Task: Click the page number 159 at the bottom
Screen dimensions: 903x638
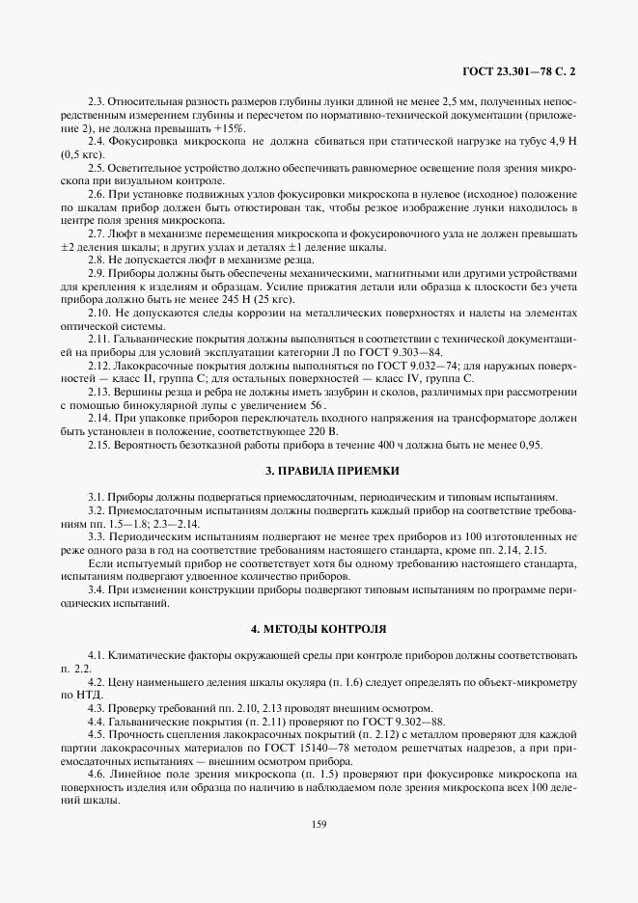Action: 319,824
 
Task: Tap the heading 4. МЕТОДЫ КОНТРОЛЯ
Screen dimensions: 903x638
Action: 319,628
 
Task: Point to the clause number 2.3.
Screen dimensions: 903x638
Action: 97,100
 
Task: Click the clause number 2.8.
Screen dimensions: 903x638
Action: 97,260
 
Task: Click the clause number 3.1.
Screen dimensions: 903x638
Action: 97,495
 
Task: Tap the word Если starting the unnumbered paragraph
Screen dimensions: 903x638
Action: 100,562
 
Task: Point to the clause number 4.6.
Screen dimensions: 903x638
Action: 97,774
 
